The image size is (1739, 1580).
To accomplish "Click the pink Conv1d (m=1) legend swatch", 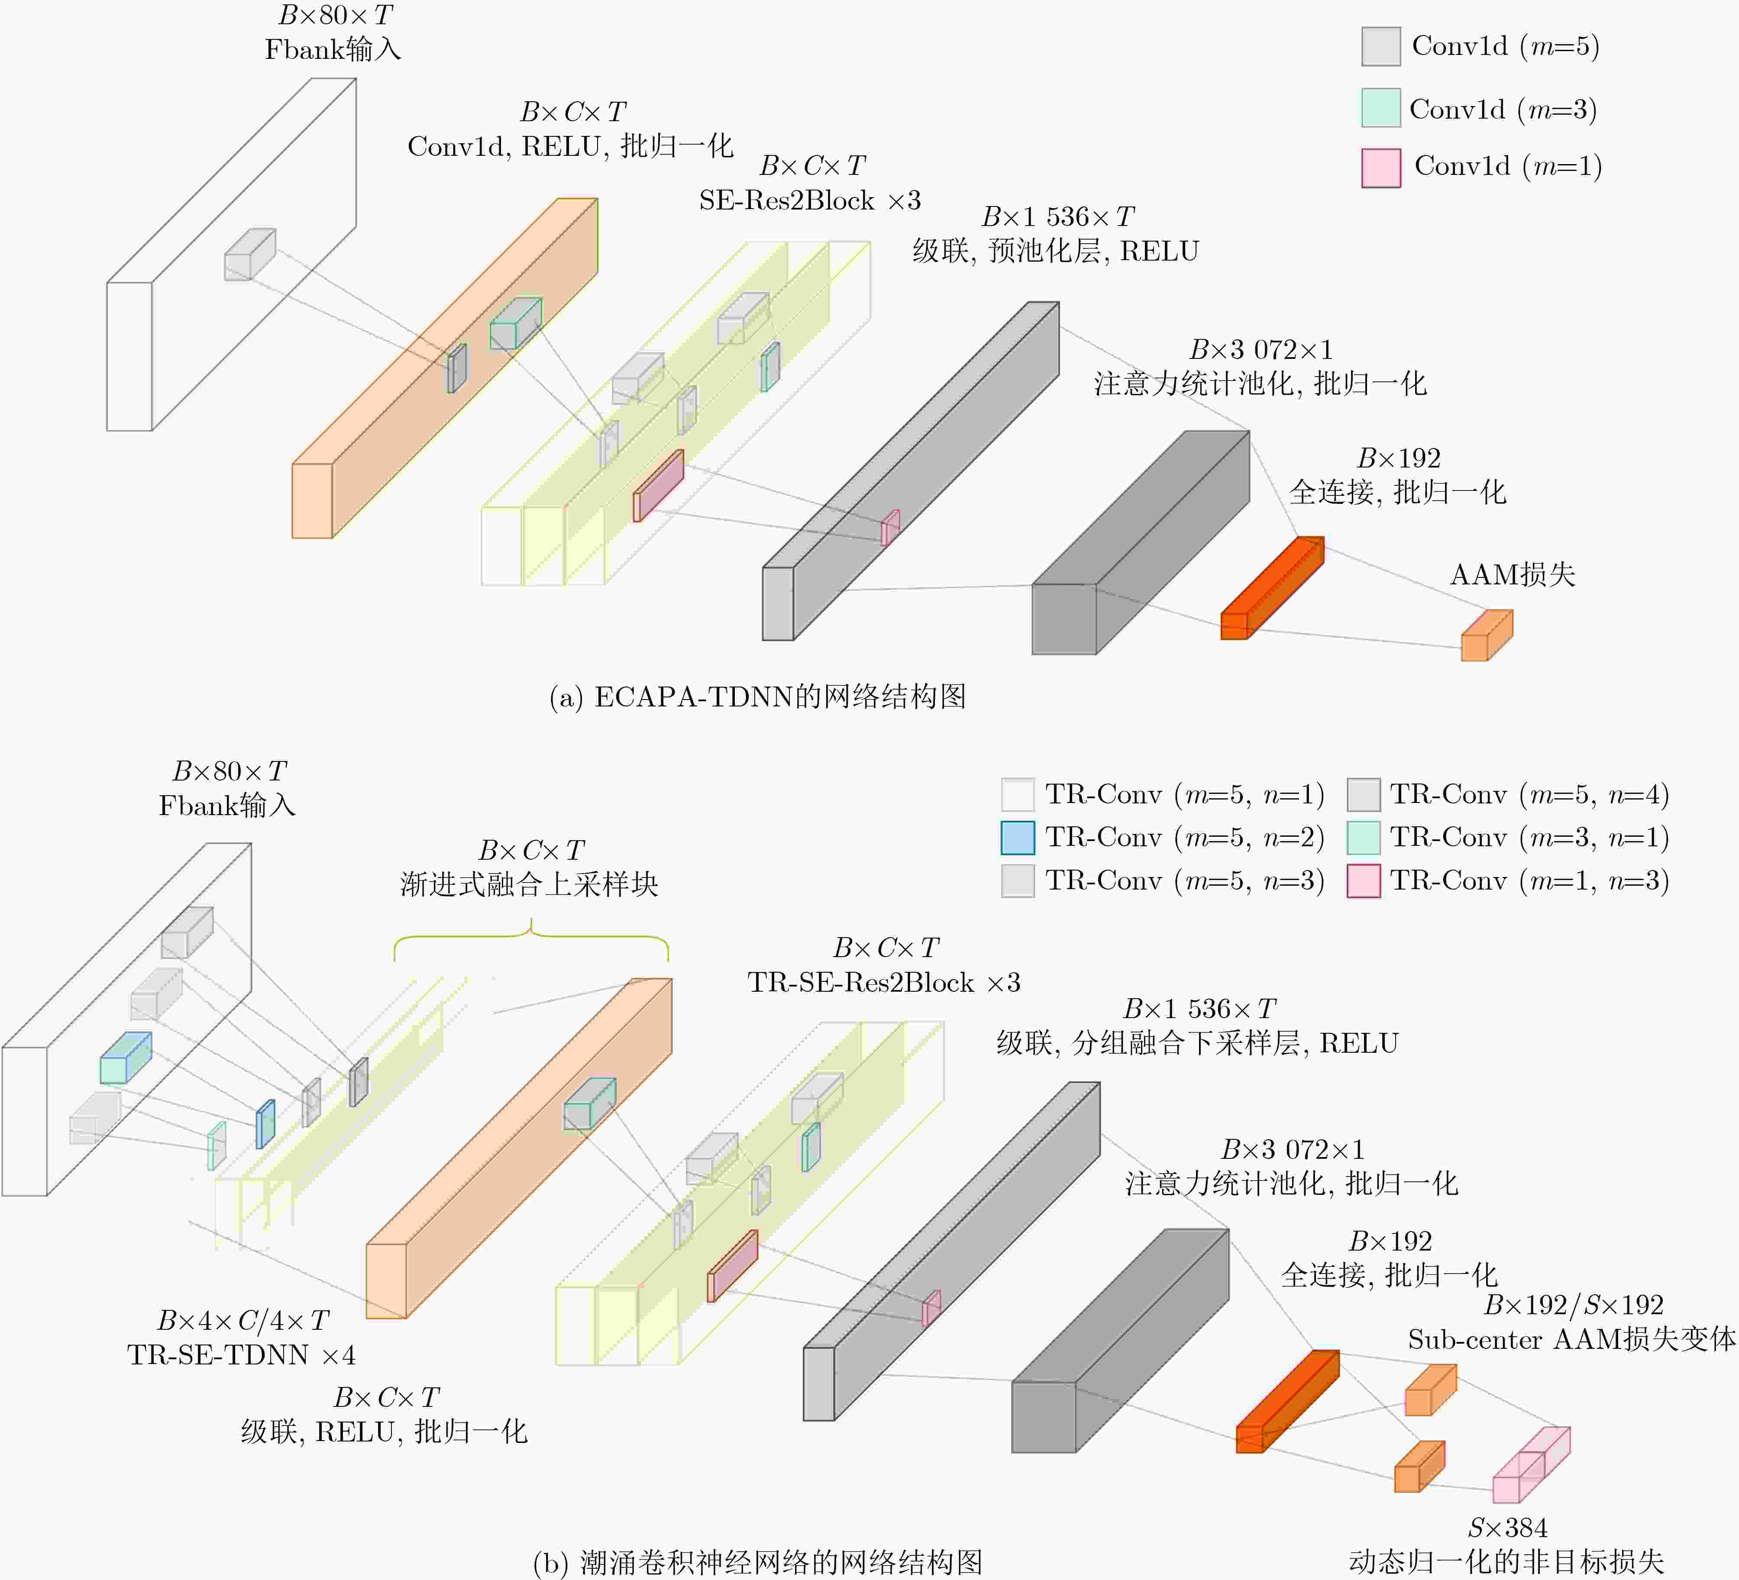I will tap(1380, 168).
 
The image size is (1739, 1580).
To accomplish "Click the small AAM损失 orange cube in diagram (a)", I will tap(1485, 636).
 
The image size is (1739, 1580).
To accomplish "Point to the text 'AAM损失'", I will tap(1512, 574).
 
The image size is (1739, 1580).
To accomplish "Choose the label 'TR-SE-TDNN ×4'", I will tap(242, 1355).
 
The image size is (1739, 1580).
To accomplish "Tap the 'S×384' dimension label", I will tap(1507, 1527).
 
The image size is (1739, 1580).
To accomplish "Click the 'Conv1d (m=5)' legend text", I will tap(1505, 46).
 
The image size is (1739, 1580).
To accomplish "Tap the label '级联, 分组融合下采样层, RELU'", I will tap(1197, 1044).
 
